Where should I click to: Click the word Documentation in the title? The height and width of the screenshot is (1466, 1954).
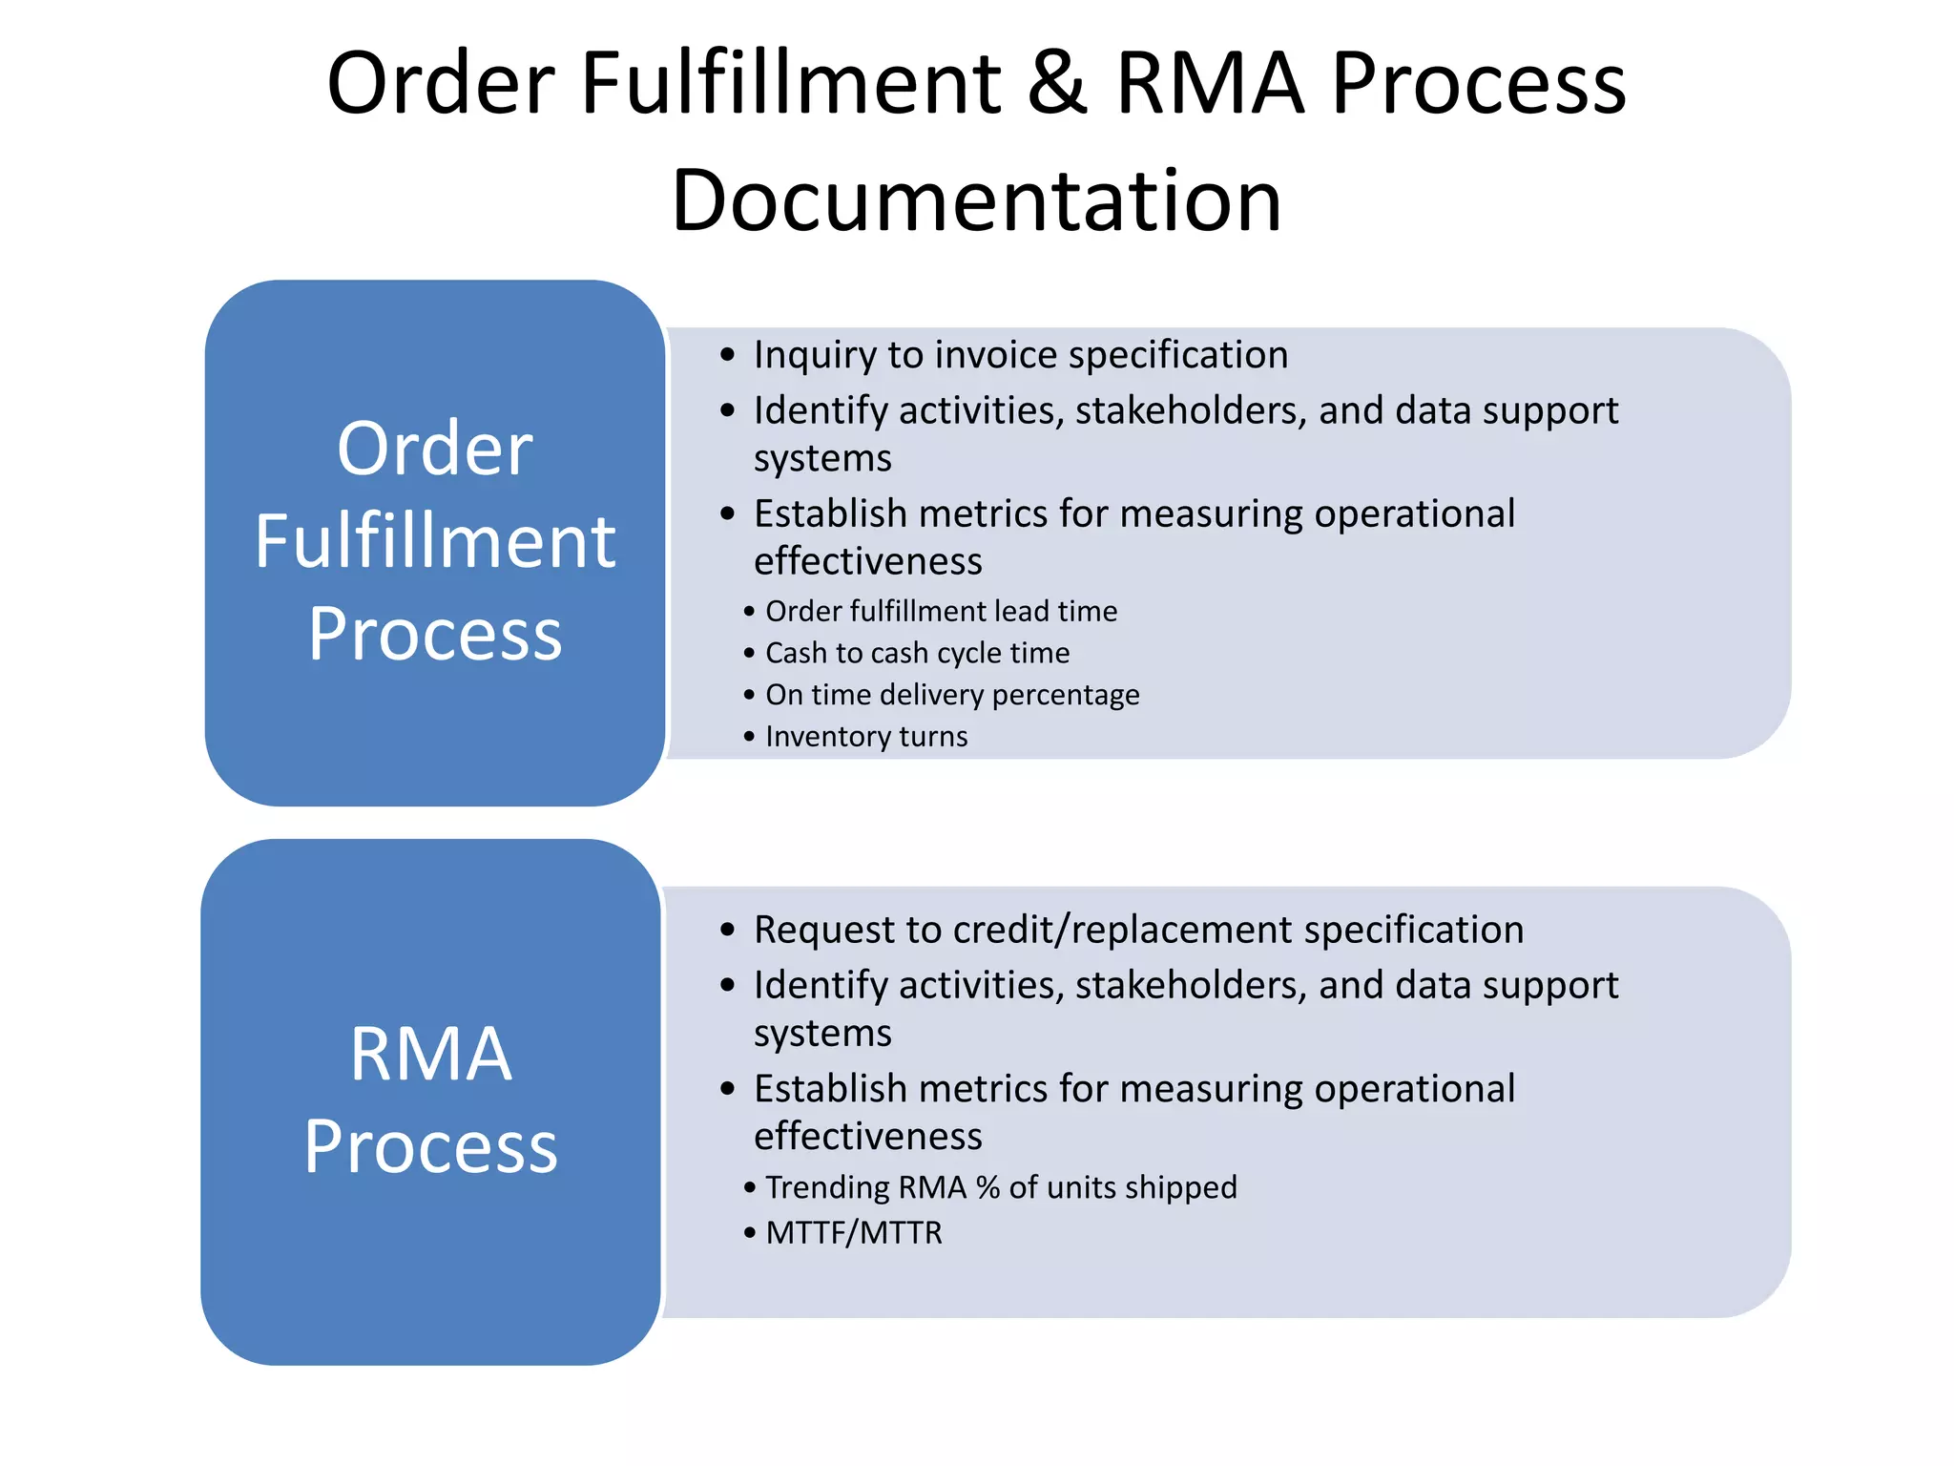976,201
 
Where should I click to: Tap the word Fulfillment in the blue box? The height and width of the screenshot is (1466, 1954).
435,541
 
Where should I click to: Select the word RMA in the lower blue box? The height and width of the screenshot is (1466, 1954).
431,1055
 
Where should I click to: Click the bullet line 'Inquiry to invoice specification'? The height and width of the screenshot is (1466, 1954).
1020,355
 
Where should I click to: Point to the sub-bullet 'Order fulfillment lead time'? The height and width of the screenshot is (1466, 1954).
941,611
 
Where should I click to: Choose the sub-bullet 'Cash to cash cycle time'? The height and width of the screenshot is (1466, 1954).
917,653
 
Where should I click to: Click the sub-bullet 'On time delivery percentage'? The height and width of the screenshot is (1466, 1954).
952,695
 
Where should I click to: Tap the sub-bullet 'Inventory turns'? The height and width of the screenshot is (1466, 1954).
866,737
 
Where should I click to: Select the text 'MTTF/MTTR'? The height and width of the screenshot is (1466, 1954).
854,1233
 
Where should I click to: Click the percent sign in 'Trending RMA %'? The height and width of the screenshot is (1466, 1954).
988,1187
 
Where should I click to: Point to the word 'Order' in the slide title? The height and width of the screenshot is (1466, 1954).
441,84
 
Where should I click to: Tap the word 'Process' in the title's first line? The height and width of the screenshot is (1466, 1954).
1478,84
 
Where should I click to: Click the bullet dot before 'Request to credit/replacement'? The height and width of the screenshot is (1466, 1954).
728,931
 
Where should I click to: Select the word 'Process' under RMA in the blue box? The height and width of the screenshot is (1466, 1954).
431,1146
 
